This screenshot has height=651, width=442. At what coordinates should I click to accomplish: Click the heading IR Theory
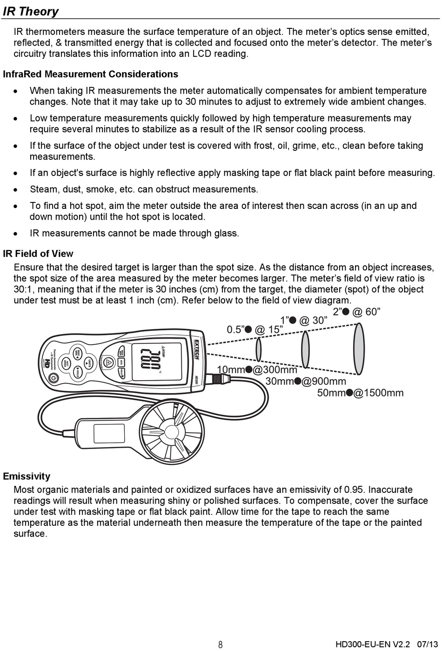pos(31,11)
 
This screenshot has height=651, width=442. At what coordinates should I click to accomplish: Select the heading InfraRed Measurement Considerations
pos(90,74)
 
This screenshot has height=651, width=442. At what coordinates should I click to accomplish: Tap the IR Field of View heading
pos(38,254)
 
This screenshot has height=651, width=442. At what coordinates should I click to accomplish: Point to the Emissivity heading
pos(27,476)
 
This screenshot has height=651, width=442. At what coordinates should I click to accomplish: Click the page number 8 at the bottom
pos(221,644)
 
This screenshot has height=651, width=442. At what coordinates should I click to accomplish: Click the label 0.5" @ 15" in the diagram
pos(254,329)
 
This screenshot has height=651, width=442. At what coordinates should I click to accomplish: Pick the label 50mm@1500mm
pos(360,393)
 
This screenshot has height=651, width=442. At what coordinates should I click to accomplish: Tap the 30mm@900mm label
pos(306,382)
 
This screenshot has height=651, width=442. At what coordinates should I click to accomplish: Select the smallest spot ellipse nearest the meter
pos(258,349)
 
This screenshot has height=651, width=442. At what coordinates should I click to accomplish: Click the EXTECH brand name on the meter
pos(196,349)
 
